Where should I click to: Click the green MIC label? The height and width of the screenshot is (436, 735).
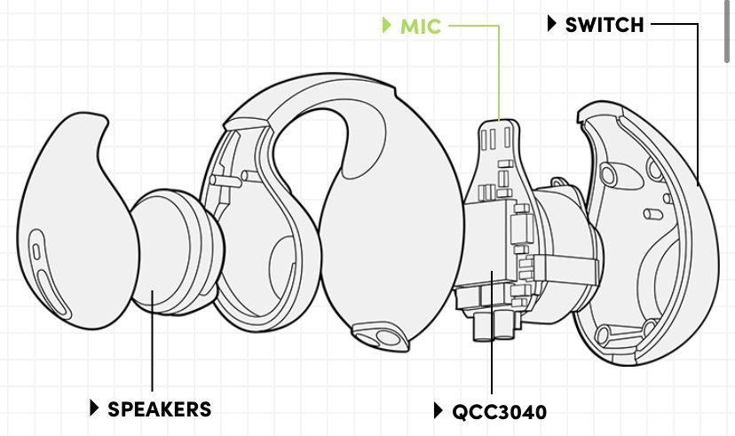click(x=420, y=26)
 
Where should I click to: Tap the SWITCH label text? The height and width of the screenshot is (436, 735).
click(x=605, y=25)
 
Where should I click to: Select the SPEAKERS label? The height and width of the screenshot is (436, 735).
click(x=160, y=408)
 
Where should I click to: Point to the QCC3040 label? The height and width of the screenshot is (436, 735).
click(x=499, y=411)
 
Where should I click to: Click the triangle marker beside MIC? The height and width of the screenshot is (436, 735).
click(x=386, y=26)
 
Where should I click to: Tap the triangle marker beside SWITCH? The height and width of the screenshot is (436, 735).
click(x=552, y=25)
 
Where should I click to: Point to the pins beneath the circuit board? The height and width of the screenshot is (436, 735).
click(x=494, y=325)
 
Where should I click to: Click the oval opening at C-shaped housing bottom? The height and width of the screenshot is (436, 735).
click(x=383, y=335)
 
